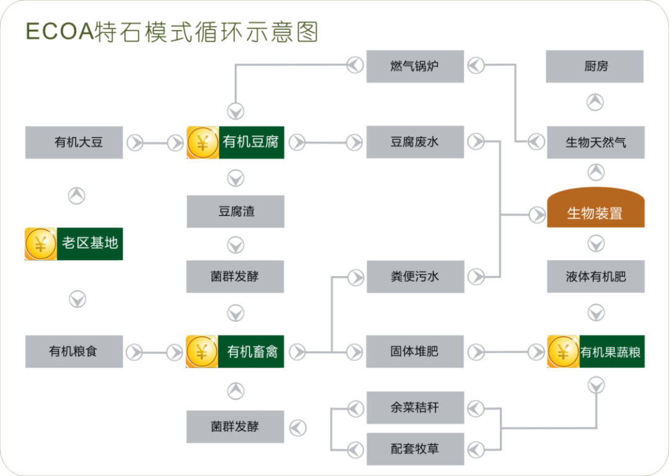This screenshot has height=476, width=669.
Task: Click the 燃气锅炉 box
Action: click(x=415, y=66)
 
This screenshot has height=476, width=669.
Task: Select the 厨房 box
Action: click(x=595, y=66)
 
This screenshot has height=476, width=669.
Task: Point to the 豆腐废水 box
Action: click(x=415, y=142)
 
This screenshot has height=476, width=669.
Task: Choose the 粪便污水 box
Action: click(x=415, y=277)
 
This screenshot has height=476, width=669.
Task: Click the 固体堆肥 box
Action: click(x=415, y=352)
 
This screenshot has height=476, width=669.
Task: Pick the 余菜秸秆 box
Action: click(x=415, y=407)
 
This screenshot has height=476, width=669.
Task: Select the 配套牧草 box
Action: click(x=415, y=449)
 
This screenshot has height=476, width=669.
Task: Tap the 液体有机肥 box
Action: click(x=595, y=277)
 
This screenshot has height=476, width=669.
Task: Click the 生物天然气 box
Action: click(x=595, y=142)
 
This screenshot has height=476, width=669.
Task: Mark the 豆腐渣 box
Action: click(x=235, y=212)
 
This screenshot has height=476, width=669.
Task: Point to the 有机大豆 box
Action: click(x=74, y=142)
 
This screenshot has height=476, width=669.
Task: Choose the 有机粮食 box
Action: click(x=74, y=352)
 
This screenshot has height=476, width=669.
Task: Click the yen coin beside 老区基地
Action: click(x=41, y=244)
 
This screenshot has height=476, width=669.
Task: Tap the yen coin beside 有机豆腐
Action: click(x=203, y=143)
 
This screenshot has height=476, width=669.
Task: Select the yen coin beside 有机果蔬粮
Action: click(x=563, y=352)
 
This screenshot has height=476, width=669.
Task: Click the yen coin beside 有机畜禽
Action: click(x=202, y=352)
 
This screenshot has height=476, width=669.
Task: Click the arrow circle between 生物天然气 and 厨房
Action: click(x=595, y=102)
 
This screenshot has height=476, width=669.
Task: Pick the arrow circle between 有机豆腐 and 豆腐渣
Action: click(x=235, y=178)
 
